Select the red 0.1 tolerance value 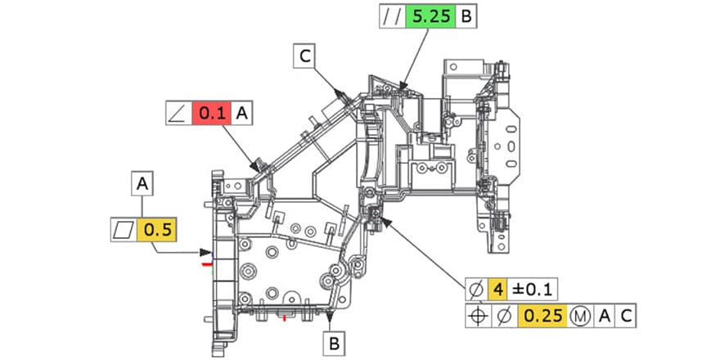(x=211, y=114)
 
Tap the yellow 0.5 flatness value (x=155, y=232)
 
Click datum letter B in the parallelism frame (x=466, y=16)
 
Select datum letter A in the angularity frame (x=242, y=114)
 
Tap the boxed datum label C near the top (x=305, y=56)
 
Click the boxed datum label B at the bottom (x=335, y=344)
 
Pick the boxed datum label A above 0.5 (x=144, y=184)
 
